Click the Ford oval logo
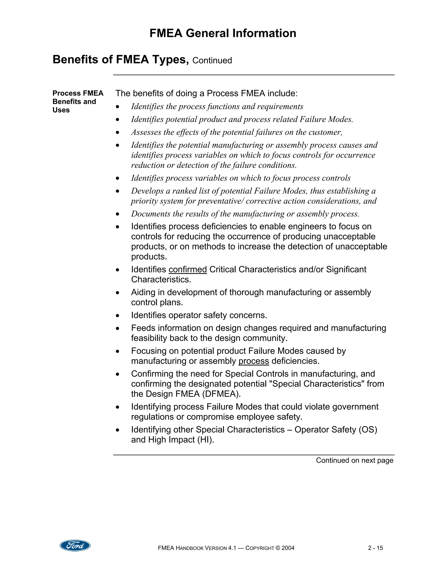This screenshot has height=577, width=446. click(75, 545)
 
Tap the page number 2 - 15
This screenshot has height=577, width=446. click(375, 548)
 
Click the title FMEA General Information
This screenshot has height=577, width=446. click(223, 33)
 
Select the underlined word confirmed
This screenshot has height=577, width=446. click(188, 270)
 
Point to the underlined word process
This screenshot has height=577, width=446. click(254, 361)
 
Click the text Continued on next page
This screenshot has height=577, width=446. click(354, 460)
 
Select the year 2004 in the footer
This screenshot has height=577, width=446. click(288, 548)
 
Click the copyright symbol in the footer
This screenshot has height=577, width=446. click(278, 548)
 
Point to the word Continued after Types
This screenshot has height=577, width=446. click(212, 61)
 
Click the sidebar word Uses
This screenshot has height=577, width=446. click(61, 110)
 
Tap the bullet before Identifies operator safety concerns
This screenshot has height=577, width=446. click(118, 316)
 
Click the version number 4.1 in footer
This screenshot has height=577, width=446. click(231, 548)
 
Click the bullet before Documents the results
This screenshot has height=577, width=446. click(118, 214)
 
